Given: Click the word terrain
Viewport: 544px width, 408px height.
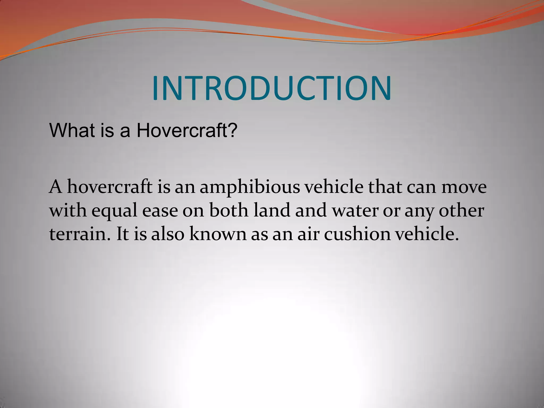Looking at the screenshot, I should point(79,234).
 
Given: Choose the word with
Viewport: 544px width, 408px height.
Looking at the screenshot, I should point(68,211).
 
